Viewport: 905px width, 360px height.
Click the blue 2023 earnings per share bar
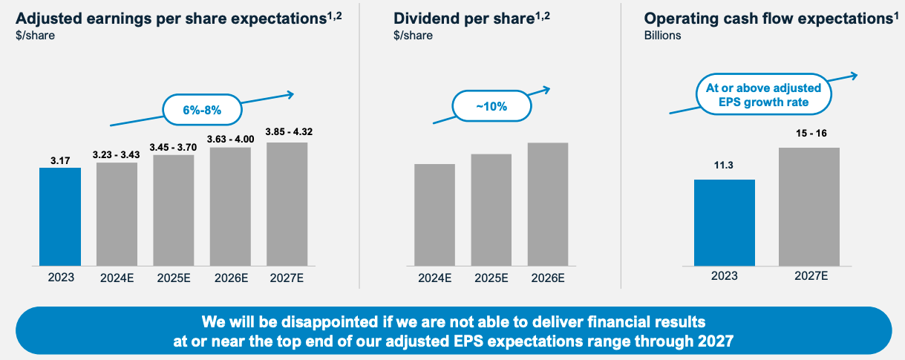click(x=60, y=216)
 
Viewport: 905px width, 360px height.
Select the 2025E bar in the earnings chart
click(x=174, y=210)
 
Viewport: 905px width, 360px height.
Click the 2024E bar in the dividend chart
click(x=434, y=215)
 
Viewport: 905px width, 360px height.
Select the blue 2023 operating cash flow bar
click(x=724, y=222)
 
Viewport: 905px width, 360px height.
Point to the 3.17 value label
click(x=60, y=158)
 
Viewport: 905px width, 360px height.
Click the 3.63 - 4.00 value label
click(x=230, y=138)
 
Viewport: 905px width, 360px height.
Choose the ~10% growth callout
click(x=491, y=106)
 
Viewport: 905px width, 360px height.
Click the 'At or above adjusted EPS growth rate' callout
click(x=764, y=95)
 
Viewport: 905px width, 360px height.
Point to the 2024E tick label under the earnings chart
click(x=117, y=278)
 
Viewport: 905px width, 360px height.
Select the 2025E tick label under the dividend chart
click(x=491, y=278)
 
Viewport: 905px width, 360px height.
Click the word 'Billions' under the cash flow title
click(x=662, y=35)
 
